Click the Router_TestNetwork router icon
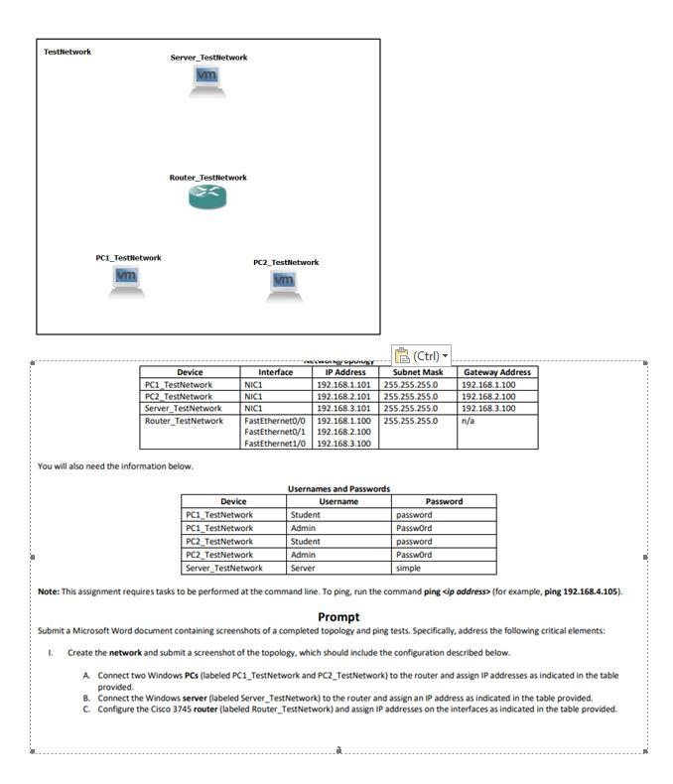pyautogui.click(x=207, y=197)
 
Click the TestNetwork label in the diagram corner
pyautogui.click(x=67, y=52)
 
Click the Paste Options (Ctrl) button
pyautogui.click(x=422, y=355)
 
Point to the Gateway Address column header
pyautogui.click(x=496, y=372)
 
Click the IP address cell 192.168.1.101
pyautogui.click(x=342, y=385)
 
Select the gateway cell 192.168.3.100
pyautogui.click(x=488, y=408)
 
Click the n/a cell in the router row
pyautogui.click(x=468, y=421)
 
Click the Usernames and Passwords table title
pyautogui.click(x=338, y=488)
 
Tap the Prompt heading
pyautogui.click(x=338, y=616)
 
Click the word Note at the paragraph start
pyautogui.click(x=48, y=591)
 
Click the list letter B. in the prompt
pyautogui.click(x=87, y=698)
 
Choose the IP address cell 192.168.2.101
pyautogui.click(x=342, y=397)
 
